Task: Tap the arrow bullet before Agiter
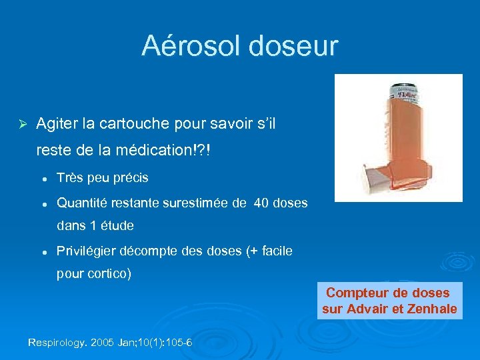[21, 123]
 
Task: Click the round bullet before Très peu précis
[43, 178]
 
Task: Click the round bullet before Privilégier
[43, 251]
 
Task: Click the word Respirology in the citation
[57, 343]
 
